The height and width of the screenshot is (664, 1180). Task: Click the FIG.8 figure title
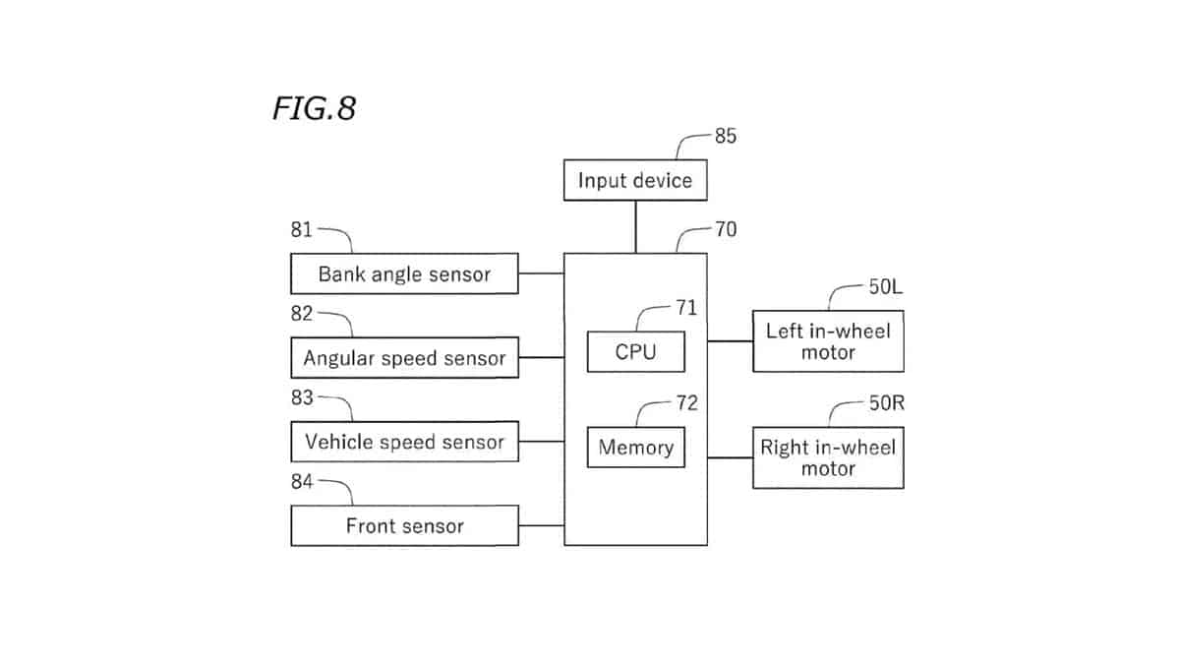[315, 108]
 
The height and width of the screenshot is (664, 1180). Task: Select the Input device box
[635, 180]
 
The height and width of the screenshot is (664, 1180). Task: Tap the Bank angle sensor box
[404, 273]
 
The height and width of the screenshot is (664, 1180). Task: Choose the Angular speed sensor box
[404, 358]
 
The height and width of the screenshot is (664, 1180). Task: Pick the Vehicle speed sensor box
[404, 442]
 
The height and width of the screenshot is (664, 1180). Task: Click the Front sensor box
[404, 525]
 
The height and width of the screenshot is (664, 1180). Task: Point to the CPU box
[636, 351]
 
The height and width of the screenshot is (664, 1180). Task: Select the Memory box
[636, 448]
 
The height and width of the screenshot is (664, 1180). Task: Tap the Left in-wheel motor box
[828, 341]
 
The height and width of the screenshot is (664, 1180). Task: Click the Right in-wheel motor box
[828, 458]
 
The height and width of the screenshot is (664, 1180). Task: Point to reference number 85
[726, 136]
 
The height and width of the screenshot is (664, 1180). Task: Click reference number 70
[726, 229]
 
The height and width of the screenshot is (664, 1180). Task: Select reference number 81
[302, 230]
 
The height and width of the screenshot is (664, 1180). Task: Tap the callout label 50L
[886, 287]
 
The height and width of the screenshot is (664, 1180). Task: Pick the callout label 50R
[887, 403]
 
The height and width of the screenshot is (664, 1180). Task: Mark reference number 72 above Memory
[687, 403]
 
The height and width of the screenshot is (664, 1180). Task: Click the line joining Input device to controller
[635, 227]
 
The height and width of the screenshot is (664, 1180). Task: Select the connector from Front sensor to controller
[542, 525]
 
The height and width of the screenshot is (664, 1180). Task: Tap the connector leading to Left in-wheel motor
[730, 341]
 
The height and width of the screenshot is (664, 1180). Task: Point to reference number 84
[302, 482]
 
